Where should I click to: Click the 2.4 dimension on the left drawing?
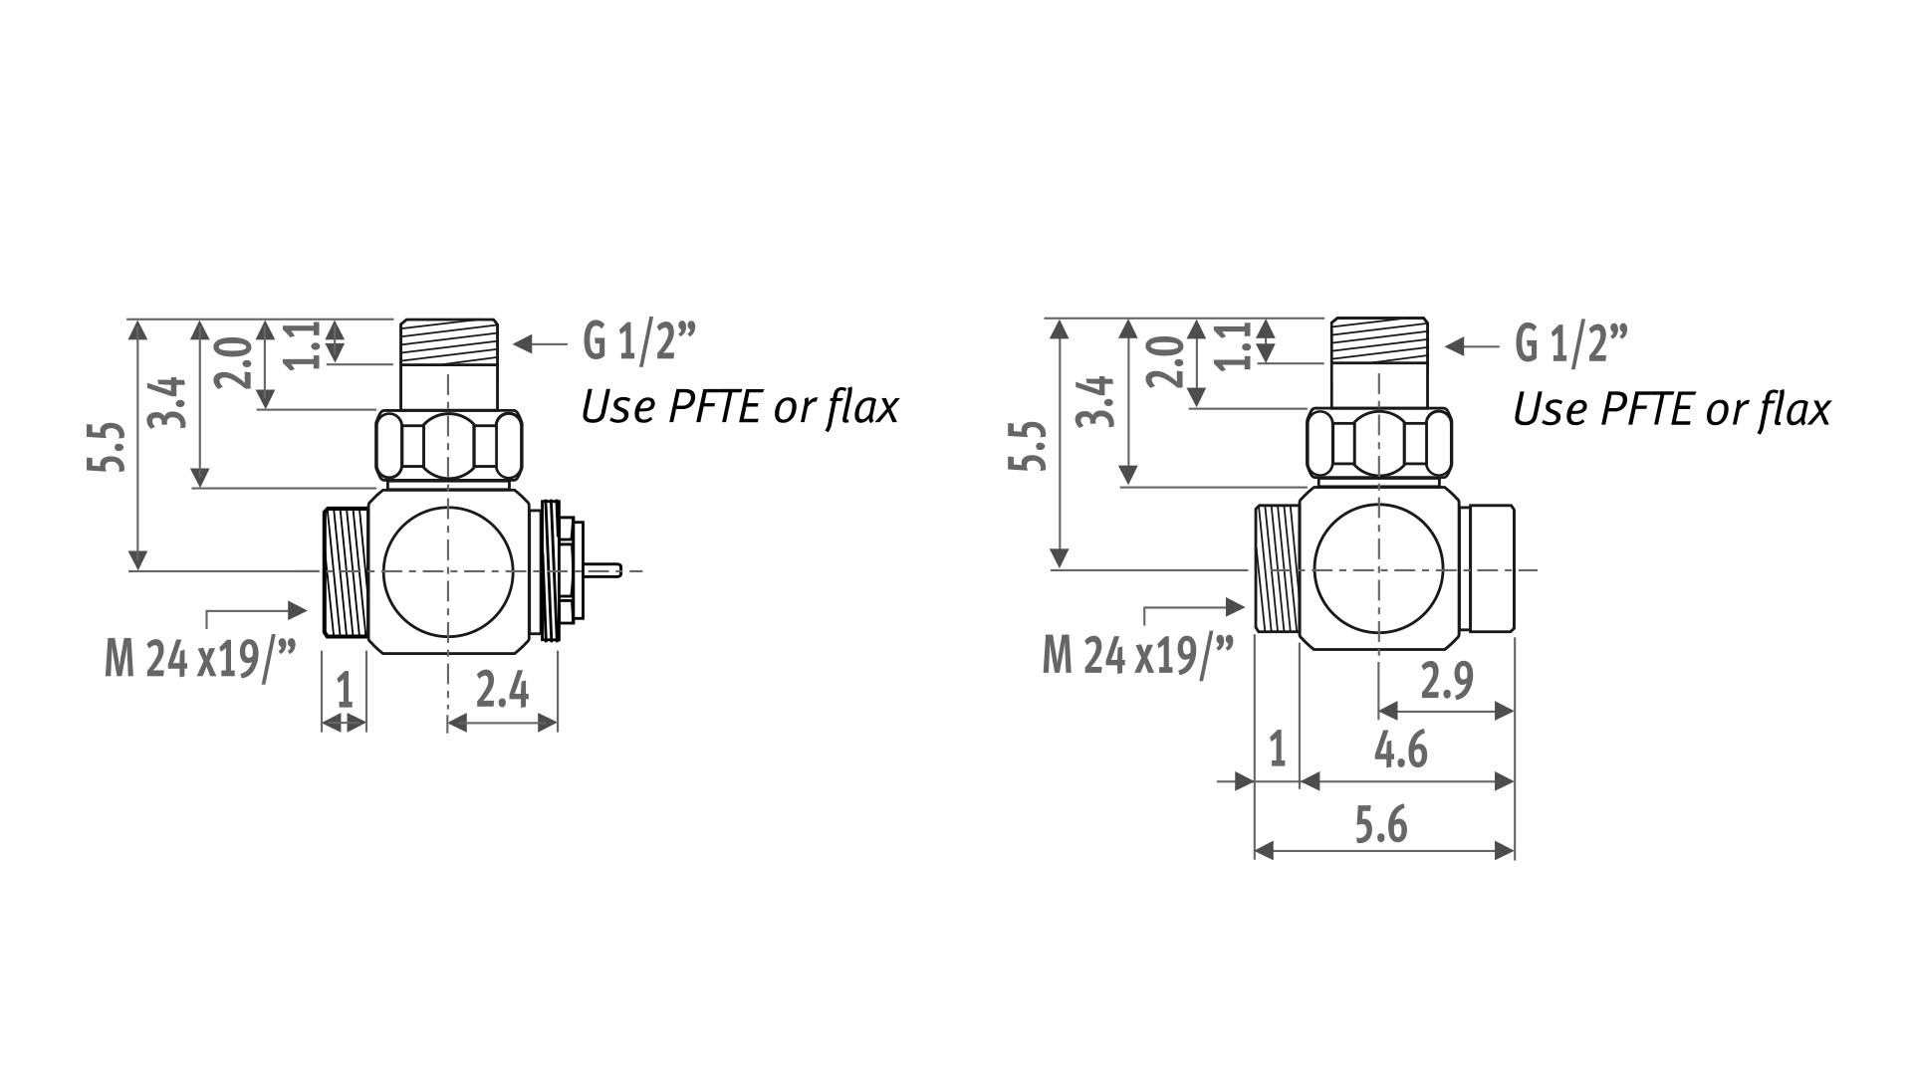502,689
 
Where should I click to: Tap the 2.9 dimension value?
1447,681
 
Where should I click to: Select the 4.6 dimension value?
1400,751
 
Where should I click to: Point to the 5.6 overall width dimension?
1381,825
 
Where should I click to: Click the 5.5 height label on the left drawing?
112,447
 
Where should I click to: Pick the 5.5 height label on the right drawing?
1031,446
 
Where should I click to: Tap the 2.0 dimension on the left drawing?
234,363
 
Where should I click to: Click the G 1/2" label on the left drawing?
637,343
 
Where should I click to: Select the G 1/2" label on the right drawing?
1570,344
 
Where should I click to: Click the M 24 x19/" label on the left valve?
200,659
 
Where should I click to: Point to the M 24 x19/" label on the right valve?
1137,656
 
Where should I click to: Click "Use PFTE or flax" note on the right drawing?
1671,409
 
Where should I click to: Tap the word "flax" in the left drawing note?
862,406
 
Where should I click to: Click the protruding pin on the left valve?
604,570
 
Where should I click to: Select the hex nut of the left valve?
448,446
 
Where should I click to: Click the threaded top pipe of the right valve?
1380,340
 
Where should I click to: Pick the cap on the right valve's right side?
1490,568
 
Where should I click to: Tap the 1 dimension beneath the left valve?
345,689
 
